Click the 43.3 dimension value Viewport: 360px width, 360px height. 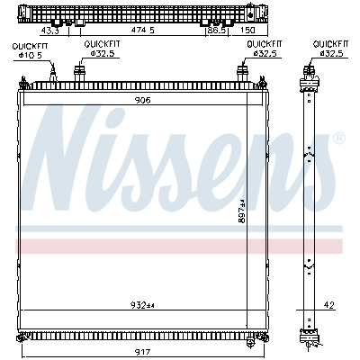click(49, 31)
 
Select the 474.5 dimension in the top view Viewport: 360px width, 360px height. click(143, 31)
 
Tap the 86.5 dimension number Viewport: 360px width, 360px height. click(217, 31)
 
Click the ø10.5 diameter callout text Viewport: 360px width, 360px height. click(30, 55)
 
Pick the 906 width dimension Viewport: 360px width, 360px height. click(142, 100)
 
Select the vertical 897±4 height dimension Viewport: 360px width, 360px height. click(242, 211)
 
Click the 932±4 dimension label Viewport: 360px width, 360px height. click(142, 305)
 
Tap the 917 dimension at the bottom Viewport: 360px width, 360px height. click(142, 352)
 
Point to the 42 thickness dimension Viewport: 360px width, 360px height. click(329, 305)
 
